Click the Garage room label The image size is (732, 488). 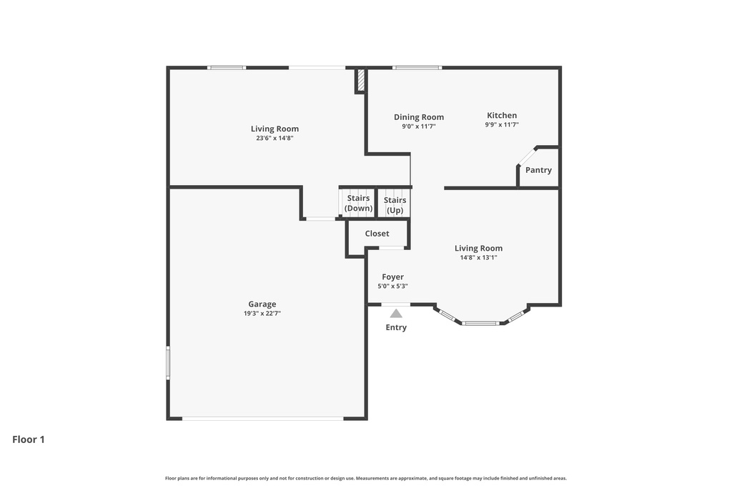(262, 304)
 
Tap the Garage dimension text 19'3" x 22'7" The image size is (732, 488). (262, 314)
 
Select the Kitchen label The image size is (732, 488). (502, 116)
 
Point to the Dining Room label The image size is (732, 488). (419, 117)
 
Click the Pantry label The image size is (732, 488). (538, 170)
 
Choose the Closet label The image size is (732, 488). (377, 234)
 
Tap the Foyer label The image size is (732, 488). (392, 277)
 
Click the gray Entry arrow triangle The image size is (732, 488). (396, 313)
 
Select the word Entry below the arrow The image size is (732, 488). (396, 327)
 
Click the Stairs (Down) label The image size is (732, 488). (358, 203)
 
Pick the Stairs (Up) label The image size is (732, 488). (395, 205)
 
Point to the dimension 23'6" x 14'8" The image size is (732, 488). (274, 139)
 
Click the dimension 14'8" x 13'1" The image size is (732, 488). (478, 258)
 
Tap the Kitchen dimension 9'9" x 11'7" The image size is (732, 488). (501, 125)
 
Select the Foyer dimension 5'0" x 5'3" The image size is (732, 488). (392, 287)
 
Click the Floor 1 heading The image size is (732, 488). (29, 439)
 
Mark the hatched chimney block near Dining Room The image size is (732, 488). (361, 80)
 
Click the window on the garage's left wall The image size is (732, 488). (168, 362)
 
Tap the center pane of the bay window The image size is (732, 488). (480, 323)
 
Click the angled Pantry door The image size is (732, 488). (527, 156)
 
